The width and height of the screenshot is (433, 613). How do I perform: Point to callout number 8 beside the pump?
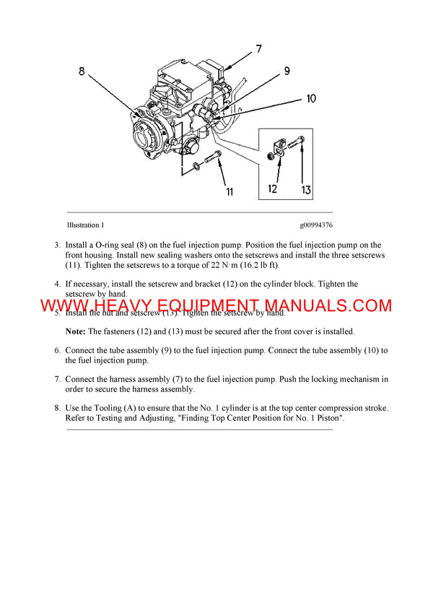82,71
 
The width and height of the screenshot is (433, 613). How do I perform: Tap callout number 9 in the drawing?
287,71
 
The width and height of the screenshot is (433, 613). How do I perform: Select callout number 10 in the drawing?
311,98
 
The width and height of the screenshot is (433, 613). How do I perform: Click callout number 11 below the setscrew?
229,191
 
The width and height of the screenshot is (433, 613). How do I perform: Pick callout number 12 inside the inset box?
273,189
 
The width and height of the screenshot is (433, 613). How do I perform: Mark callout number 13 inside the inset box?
306,190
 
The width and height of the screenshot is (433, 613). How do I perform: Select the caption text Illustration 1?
85,225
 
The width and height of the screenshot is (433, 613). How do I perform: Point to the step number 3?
57,245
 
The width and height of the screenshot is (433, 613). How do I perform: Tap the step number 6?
57,350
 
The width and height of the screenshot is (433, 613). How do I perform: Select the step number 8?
57,408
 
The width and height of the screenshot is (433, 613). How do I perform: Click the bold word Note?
75,331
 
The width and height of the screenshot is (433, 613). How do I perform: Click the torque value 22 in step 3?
226,266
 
